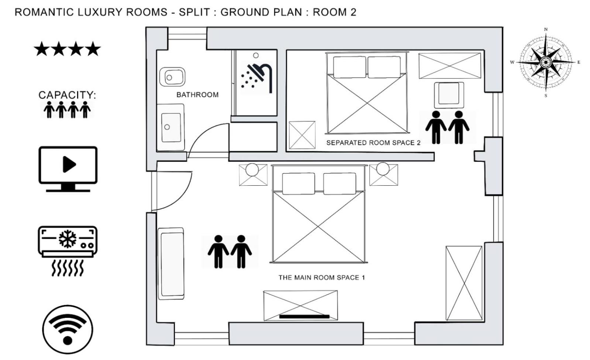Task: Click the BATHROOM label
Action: pyautogui.click(x=198, y=95)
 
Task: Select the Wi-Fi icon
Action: pyautogui.click(x=68, y=329)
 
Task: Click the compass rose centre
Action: pyautogui.click(x=545, y=62)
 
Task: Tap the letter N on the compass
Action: pyautogui.click(x=546, y=30)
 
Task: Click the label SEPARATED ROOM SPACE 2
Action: pyautogui.click(x=374, y=143)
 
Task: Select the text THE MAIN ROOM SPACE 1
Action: pyautogui.click(x=322, y=278)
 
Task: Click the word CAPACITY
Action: pyautogui.click(x=68, y=95)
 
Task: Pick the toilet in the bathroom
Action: pyautogui.click(x=172, y=77)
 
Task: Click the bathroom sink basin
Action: pyautogui.click(x=171, y=127)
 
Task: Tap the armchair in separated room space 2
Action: pyautogui.click(x=449, y=95)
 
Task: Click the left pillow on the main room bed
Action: pyautogui.click(x=298, y=184)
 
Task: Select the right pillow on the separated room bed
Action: pyautogui.click(x=384, y=67)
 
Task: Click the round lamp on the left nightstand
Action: pyautogui.click(x=252, y=169)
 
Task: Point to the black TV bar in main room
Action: pyautogui.click(x=304, y=316)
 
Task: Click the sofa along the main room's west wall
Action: pyautogui.click(x=171, y=264)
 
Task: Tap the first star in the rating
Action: pyautogui.click(x=42, y=49)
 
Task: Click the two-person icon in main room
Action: pyautogui.click(x=230, y=251)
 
